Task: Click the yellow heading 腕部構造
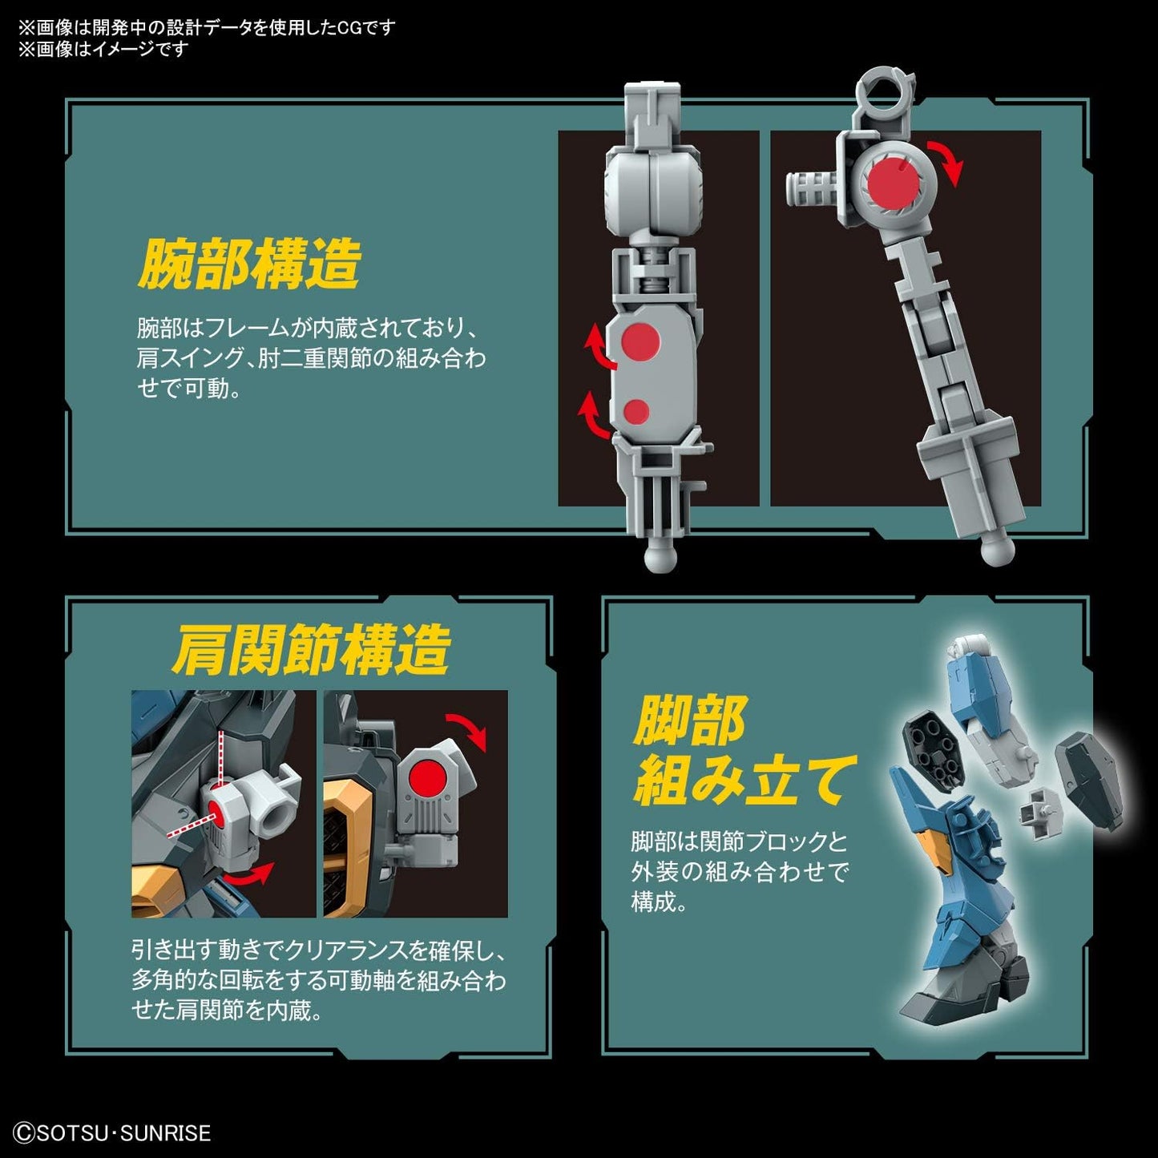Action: [x=248, y=264]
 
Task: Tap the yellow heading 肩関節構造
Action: [x=311, y=651]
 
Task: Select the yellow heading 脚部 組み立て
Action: [x=741, y=752]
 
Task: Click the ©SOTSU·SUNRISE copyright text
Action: [x=113, y=1133]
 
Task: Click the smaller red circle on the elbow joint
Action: [x=636, y=412]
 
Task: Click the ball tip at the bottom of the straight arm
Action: [x=659, y=558]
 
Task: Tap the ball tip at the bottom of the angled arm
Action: [x=998, y=551]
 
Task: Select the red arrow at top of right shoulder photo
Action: [x=467, y=729]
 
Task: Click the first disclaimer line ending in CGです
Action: [x=207, y=28]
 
